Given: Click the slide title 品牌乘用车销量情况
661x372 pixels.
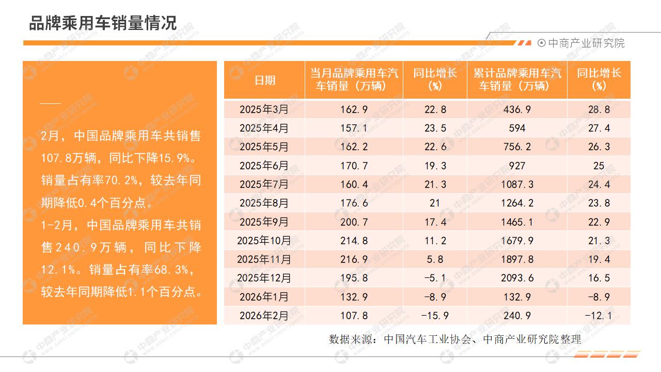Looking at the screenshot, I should [103, 23].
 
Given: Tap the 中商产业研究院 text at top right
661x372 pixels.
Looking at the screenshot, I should [586, 43].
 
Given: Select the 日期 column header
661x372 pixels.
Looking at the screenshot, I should [265, 80].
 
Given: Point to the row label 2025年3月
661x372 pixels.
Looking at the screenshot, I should [264, 110].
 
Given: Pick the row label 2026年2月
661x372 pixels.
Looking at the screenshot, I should [264, 315].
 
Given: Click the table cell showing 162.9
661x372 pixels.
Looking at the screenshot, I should [354, 110].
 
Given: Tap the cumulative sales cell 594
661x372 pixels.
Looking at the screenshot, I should [517, 128].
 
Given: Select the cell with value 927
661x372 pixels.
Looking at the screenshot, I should [517, 166].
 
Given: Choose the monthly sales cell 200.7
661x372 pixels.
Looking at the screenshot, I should [354, 222].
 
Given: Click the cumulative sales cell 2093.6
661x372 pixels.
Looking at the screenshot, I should [517, 278].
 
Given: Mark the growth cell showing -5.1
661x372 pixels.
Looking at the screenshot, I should [435, 278].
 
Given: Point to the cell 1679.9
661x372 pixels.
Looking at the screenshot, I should [517, 241].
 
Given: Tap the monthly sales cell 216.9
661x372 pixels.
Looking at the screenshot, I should [354, 259].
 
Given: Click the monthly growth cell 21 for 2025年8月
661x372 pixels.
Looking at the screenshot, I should [435, 203].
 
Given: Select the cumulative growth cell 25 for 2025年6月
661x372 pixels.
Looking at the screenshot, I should [599, 166].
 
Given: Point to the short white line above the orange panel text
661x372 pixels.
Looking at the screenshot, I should [51, 103].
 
